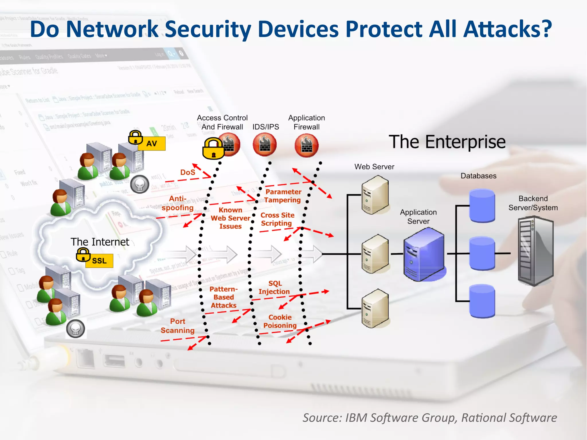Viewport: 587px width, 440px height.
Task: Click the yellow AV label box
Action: pyautogui.click(x=152, y=143)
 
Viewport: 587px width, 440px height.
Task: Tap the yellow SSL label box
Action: pyautogui.click(x=99, y=261)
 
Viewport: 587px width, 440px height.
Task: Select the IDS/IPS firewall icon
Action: pyautogui.click(x=265, y=145)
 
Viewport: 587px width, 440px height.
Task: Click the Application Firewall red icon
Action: pyautogui.click(x=306, y=146)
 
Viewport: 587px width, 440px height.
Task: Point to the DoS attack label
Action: pyautogui.click(x=187, y=172)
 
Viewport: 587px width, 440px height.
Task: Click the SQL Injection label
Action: pyautogui.click(x=274, y=288)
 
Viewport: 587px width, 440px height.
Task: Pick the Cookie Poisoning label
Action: pyautogui.click(x=280, y=321)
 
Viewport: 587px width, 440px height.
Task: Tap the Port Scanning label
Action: pyautogui.click(x=177, y=326)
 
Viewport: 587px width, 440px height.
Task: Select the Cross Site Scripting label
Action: pyautogui.click(x=277, y=219)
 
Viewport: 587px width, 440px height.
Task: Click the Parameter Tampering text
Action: pyautogui.click(x=283, y=196)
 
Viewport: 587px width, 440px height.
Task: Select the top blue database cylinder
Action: pyautogui.click(x=482, y=206)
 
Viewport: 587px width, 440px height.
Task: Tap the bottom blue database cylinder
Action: pyautogui.click(x=482, y=301)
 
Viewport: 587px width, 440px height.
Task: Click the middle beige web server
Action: pyautogui.click(x=375, y=254)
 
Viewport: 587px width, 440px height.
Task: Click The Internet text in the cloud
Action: pyautogui.click(x=100, y=242)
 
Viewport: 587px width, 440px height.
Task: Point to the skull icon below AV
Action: pyautogui.click(x=140, y=184)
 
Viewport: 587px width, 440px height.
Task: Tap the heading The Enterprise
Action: pyautogui.click(x=447, y=142)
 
